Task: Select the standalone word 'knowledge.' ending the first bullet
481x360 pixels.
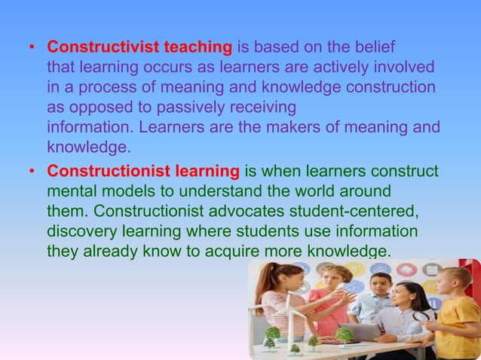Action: point(89,145)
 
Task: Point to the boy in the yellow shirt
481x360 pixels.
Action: point(456,316)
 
